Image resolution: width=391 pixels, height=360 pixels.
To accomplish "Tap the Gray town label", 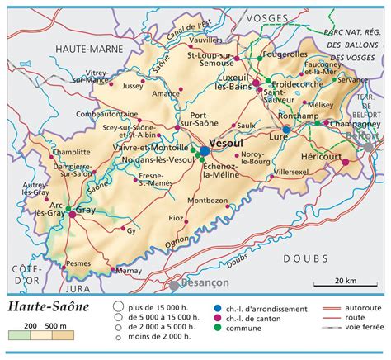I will [86, 211].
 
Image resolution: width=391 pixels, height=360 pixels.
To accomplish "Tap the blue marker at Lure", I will [286, 130].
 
